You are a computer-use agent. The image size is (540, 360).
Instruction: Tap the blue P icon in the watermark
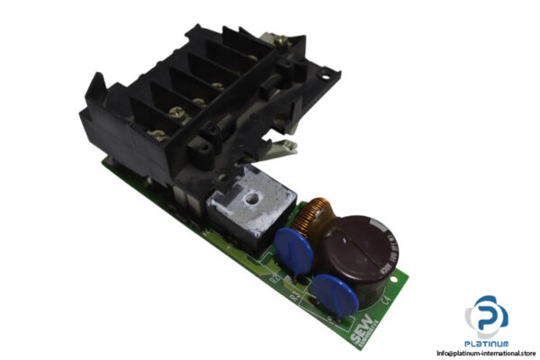coord(486,316)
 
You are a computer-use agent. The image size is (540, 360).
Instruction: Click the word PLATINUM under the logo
coord(486,343)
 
